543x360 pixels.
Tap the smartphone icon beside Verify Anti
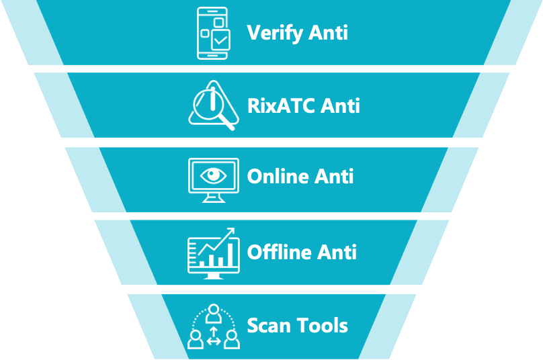point(212,33)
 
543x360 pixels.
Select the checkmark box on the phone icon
point(220,40)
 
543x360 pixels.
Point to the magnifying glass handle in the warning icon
point(226,123)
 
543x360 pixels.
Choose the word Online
point(278,176)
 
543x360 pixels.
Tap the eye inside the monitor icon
point(213,175)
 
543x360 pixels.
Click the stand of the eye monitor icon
point(213,198)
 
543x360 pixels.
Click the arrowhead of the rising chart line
point(231,232)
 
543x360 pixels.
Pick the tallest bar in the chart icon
point(231,255)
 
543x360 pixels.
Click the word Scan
point(269,325)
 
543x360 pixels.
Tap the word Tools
point(323,325)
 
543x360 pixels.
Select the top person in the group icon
point(214,314)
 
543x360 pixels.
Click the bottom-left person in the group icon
point(196,339)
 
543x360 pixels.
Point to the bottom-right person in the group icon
point(231,339)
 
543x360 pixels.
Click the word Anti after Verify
point(329,33)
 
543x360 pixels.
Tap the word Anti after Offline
point(337,252)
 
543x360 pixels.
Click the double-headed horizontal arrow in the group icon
point(214,342)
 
